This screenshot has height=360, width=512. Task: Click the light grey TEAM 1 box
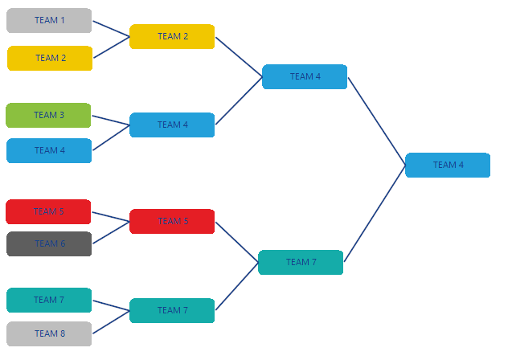tap(49, 20)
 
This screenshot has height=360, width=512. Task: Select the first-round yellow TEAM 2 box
tap(50, 58)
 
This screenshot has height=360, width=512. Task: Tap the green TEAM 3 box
tap(48, 115)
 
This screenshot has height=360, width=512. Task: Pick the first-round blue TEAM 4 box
tap(49, 150)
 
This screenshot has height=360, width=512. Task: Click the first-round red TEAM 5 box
tap(48, 211)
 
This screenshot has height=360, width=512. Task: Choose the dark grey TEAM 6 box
tap(48, 243)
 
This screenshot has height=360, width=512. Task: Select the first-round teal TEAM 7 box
tap(48, 300)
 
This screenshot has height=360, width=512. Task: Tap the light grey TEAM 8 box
tap(48, 333)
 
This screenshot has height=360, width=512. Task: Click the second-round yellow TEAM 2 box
tap(172, 36)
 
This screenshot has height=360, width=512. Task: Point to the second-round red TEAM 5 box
tap(172, 221)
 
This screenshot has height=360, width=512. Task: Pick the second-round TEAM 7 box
tap(172, 310)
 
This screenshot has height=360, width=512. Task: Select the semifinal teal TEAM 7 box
tap(301, 262)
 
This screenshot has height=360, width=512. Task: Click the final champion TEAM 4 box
tap(448, 165)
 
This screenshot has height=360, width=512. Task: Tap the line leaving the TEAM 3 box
tap(111, 120)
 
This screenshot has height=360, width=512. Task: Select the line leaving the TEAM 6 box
tap(111, 232)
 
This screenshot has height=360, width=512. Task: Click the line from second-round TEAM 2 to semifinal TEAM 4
tap(239, 56)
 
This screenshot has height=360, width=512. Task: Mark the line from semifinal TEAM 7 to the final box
tap(375, 214)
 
